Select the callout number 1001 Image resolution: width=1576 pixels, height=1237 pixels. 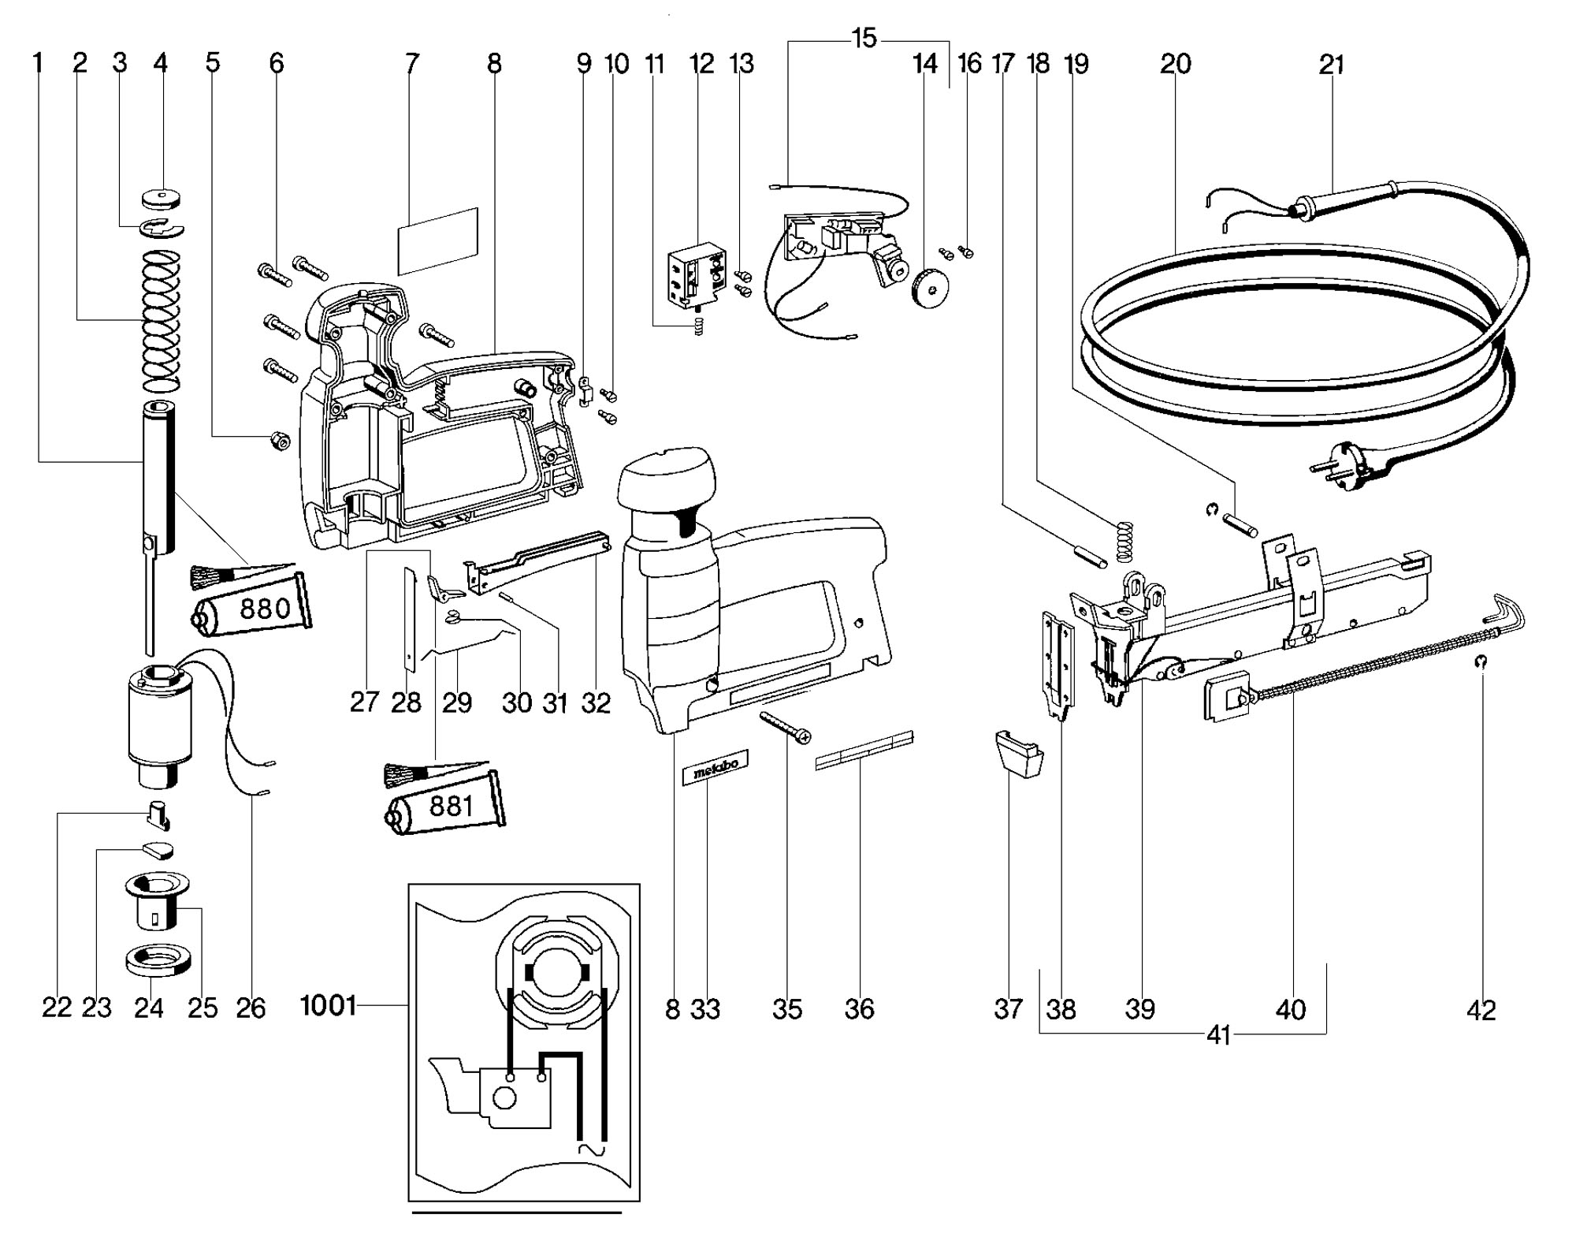pyautogui.click(x=328, y=1006)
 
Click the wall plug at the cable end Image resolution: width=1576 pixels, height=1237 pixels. pyautogui.click(x=1348, y=462)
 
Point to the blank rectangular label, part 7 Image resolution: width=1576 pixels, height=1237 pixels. pyautogui.click(x=438, y=241)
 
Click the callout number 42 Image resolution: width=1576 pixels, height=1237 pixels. pyautogui.click(x=1481, y=1009)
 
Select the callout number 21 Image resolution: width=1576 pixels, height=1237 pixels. pyautogui.click(x=1331, y=64)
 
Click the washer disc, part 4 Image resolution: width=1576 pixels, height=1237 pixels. pyautogui.click(x=163, y=195)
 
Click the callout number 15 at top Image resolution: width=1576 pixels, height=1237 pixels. pyautogui.click(x=864, y=38)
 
